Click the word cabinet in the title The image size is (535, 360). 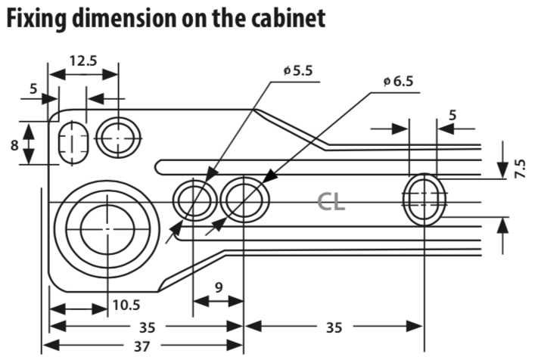click(x=288, y=18)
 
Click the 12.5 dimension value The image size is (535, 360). click(x=83, y=61)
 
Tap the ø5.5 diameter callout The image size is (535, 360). click(x=298, y=71)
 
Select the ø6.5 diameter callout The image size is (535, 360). click(x=398, y=82)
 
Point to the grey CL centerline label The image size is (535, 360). click(x=331, y=202)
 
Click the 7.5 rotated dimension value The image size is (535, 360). click(x=519, y=169)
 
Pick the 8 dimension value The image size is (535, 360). click(x=14, y=145)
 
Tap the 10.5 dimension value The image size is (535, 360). click(x=126, y=305)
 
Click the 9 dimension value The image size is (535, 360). click(x=219, y=287)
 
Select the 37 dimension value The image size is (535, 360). click(x=142, y=346)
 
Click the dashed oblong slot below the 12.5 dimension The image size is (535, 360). click(x=72, y=143)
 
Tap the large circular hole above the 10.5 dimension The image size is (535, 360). click(x=107, y=228)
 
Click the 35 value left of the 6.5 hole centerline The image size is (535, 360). click(x=148, y=327)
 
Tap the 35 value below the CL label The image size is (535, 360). click(x=334, y=327)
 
